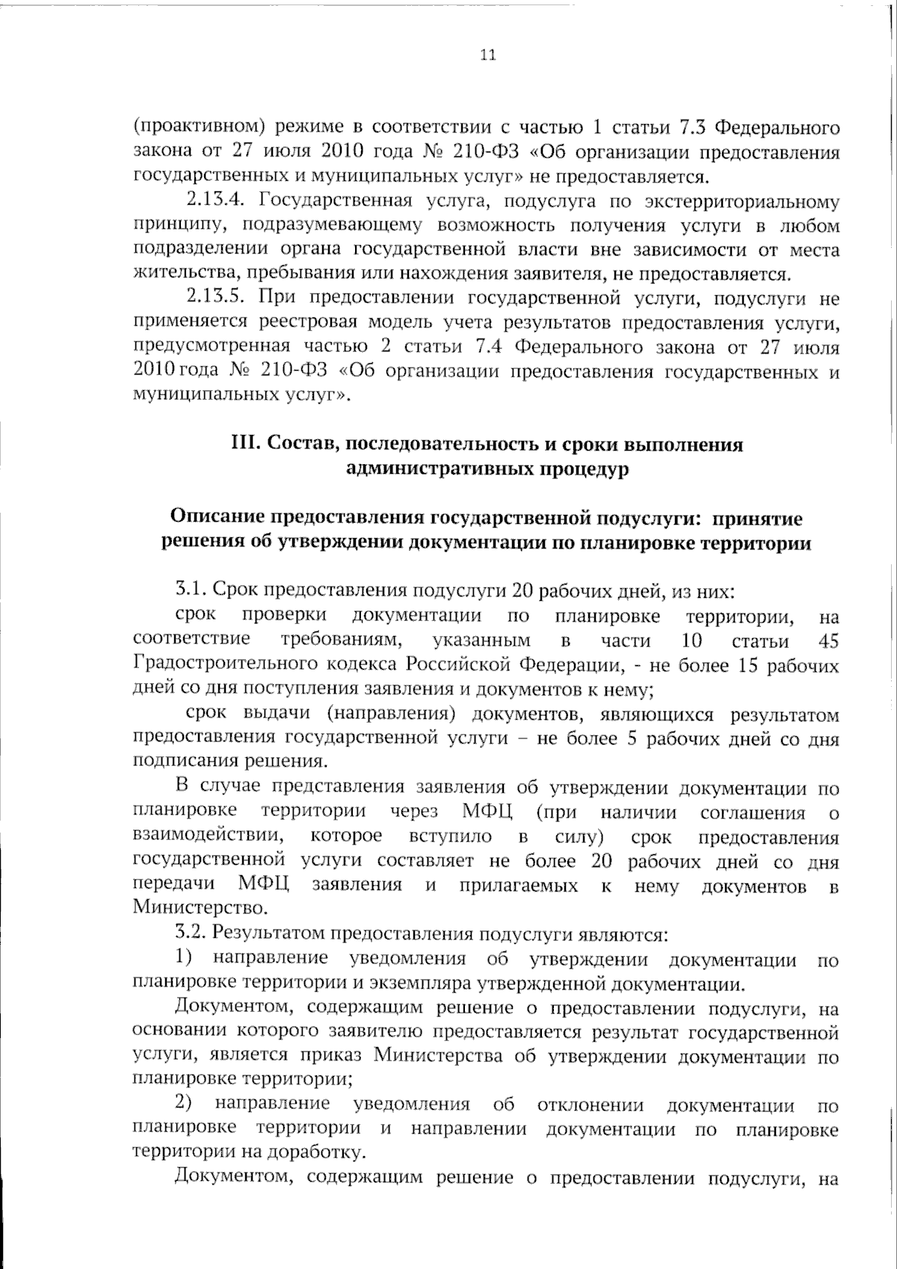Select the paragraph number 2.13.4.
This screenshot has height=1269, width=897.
coord(212,201)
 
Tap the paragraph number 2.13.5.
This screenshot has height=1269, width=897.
coord(212,298)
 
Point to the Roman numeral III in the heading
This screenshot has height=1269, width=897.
coord(244,445)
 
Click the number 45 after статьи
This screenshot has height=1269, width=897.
coord(828,640)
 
